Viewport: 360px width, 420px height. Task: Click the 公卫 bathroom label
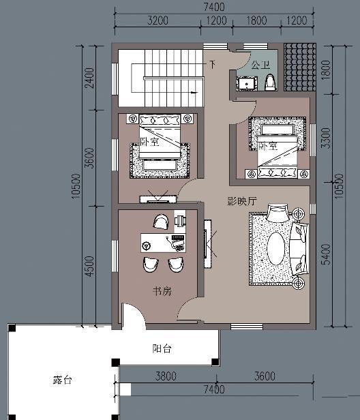click(260, 65)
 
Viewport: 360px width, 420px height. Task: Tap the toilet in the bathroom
click(270, 82)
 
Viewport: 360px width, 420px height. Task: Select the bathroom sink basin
click(247, 84)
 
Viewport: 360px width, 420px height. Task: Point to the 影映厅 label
click(242, 201)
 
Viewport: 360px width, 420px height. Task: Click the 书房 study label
click(162, 291)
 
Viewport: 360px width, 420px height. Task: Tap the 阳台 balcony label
click(162, 348)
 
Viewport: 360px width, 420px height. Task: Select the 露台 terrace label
click(63, 380)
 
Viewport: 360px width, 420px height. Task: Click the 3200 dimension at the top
click(157, 20)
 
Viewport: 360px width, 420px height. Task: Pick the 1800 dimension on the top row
click(256, 20)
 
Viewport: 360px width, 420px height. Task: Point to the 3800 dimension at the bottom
click(166, 376)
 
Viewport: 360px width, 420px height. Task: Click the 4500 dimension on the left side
click(89, 267)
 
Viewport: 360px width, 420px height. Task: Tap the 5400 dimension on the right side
click(326, 254)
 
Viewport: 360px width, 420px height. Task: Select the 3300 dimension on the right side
click(326, 138)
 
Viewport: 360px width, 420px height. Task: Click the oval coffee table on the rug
click(275, 248)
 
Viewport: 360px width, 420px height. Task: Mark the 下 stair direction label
click(213, 64)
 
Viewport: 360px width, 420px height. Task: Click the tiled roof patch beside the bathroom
click(300, 67)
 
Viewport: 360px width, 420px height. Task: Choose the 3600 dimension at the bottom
click(265, 376)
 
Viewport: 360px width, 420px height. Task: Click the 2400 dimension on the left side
click(89, 78)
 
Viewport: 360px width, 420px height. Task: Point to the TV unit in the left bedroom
click(158, 199)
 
